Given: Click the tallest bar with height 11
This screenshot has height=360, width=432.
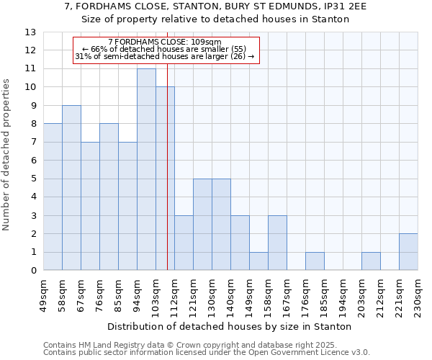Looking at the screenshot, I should coord(146,170).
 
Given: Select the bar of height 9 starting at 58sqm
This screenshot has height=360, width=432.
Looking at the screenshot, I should coord(71,188).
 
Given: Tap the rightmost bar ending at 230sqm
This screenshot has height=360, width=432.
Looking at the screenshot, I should coord(408,252).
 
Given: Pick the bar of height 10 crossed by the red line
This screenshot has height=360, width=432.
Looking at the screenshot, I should coord(165,179).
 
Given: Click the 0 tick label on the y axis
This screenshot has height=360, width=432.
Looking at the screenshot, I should coord(33,271).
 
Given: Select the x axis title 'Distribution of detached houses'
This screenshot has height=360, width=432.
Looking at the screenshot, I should coord(230,326).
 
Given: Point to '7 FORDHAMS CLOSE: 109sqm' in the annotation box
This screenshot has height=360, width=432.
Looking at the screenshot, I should coord(165,42).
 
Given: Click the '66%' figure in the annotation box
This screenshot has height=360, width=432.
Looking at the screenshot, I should coord(99,49).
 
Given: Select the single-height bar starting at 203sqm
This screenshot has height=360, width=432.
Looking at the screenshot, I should coord(371,261).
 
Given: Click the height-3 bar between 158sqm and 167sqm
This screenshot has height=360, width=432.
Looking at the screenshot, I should coord(277,243).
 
